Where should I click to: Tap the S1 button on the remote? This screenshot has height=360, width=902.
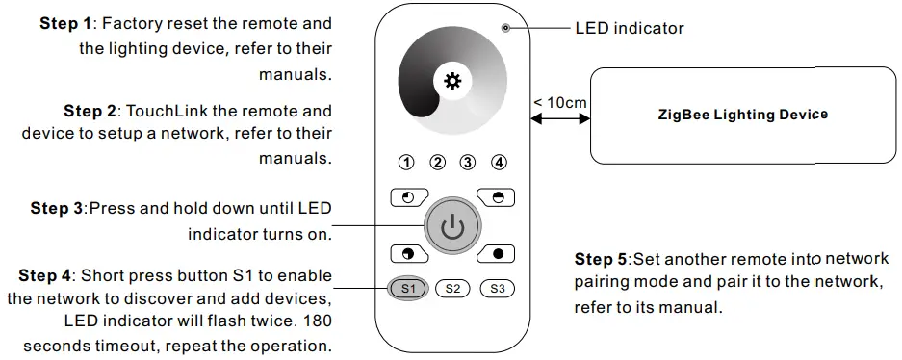point(407,288)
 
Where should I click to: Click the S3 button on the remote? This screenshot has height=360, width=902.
point(497,288)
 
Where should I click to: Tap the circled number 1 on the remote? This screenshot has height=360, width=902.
point(407,162)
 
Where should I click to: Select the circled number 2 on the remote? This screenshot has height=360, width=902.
point(437,162)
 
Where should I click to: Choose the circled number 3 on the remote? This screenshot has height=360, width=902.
point(468,162)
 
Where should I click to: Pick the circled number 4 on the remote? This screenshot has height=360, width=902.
point(498,162)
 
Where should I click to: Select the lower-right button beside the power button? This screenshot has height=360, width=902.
point(497,254)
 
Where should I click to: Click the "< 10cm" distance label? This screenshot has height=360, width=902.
point(559,102)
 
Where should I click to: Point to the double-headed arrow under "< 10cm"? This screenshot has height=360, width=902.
point(559,119)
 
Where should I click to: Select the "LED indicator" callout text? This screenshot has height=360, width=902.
point(630,29)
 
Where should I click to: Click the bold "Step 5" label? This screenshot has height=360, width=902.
point(601,260)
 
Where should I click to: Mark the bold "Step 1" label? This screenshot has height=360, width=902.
point(65,23)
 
